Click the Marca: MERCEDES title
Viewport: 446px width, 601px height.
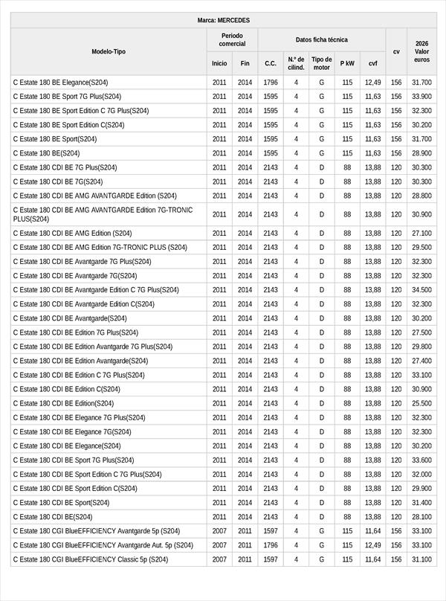223,20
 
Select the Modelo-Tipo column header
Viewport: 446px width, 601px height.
109,51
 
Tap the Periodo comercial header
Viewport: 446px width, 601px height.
232,40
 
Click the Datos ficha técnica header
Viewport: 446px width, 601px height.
321,40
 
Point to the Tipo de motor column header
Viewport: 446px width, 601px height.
322,63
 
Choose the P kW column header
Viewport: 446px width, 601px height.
347,63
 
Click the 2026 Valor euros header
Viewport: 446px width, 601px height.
421,51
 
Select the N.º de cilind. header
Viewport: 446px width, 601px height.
296,63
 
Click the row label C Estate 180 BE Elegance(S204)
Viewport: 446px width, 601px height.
60,83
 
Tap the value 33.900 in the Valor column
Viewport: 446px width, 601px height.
421,97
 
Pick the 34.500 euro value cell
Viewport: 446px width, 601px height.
421,290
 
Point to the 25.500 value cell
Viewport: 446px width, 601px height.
421,404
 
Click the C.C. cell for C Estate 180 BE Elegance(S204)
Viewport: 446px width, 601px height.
271,83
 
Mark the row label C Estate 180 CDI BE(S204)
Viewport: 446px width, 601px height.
53,517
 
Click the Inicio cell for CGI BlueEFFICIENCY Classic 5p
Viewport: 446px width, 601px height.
219,559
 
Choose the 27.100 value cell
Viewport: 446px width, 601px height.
421,234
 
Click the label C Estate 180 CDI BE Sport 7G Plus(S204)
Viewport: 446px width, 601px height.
74,460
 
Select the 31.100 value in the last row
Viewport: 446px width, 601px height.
421,559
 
